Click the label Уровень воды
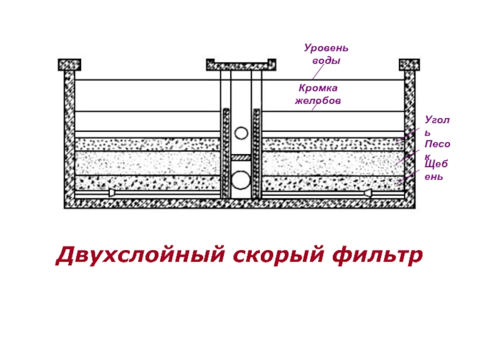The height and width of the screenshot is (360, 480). coord(326,54)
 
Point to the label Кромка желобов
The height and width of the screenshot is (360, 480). coord(317,94)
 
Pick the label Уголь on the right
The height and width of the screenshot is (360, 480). coord(436,125)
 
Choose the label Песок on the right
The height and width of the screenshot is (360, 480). coord(437,149)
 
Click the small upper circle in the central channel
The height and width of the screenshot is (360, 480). coord(241,133)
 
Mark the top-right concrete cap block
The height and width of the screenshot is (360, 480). coord(409,64)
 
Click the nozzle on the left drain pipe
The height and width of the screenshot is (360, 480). coord(112,194)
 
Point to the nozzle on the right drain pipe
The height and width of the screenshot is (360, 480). coord(367,194)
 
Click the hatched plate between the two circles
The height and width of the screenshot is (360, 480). coord(241,157)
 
